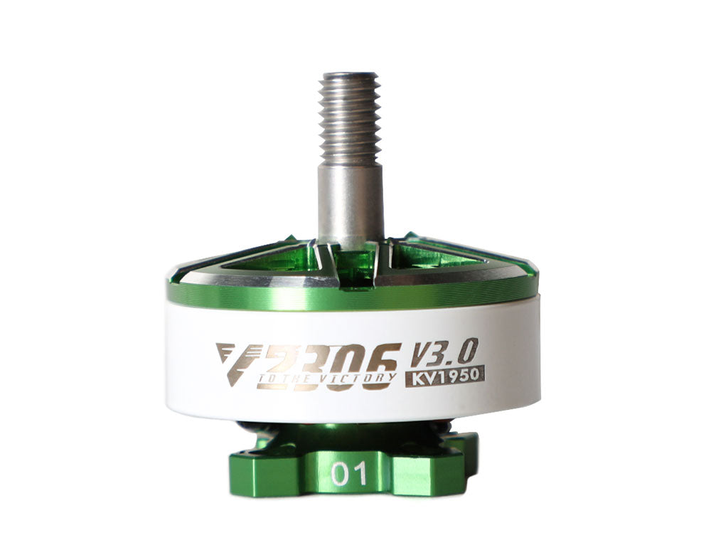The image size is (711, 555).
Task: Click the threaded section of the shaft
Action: tap(349, 117)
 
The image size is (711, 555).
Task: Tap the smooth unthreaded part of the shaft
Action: tap(350, 203)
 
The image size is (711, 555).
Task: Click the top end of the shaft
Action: tap(349, 75)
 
